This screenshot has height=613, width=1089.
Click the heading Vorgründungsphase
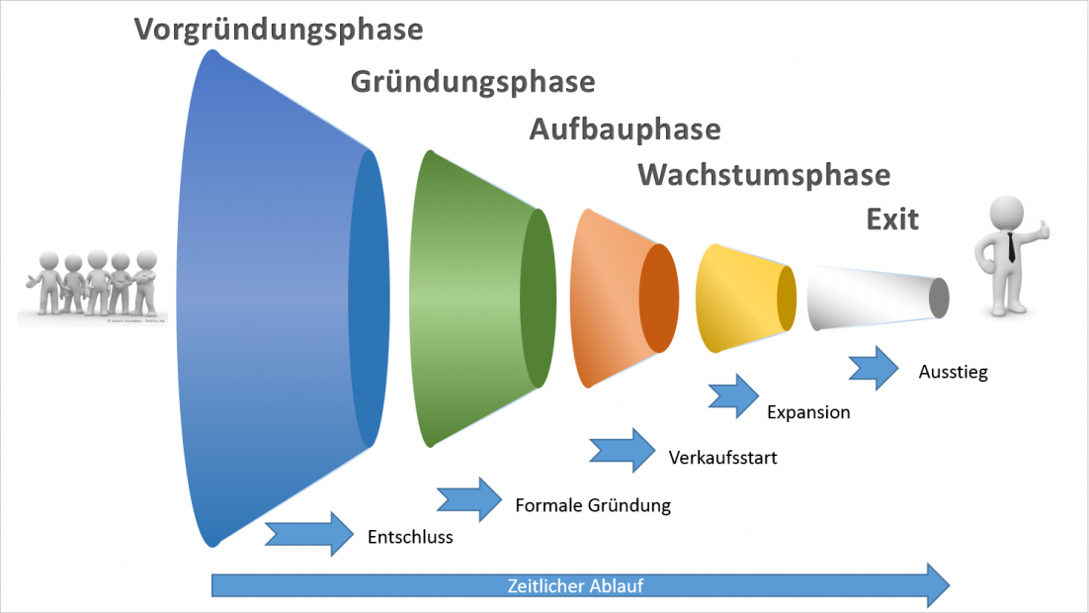279,30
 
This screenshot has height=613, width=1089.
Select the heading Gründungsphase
472,81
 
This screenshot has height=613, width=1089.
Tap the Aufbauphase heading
625,130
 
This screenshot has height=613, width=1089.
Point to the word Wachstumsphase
763,175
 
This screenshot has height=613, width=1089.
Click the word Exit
892,219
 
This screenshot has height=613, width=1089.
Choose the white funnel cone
870,297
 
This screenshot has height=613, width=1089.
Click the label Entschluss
410,538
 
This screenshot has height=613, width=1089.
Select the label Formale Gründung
593,505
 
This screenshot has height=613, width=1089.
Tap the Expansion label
808,412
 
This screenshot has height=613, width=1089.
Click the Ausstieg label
953,373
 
